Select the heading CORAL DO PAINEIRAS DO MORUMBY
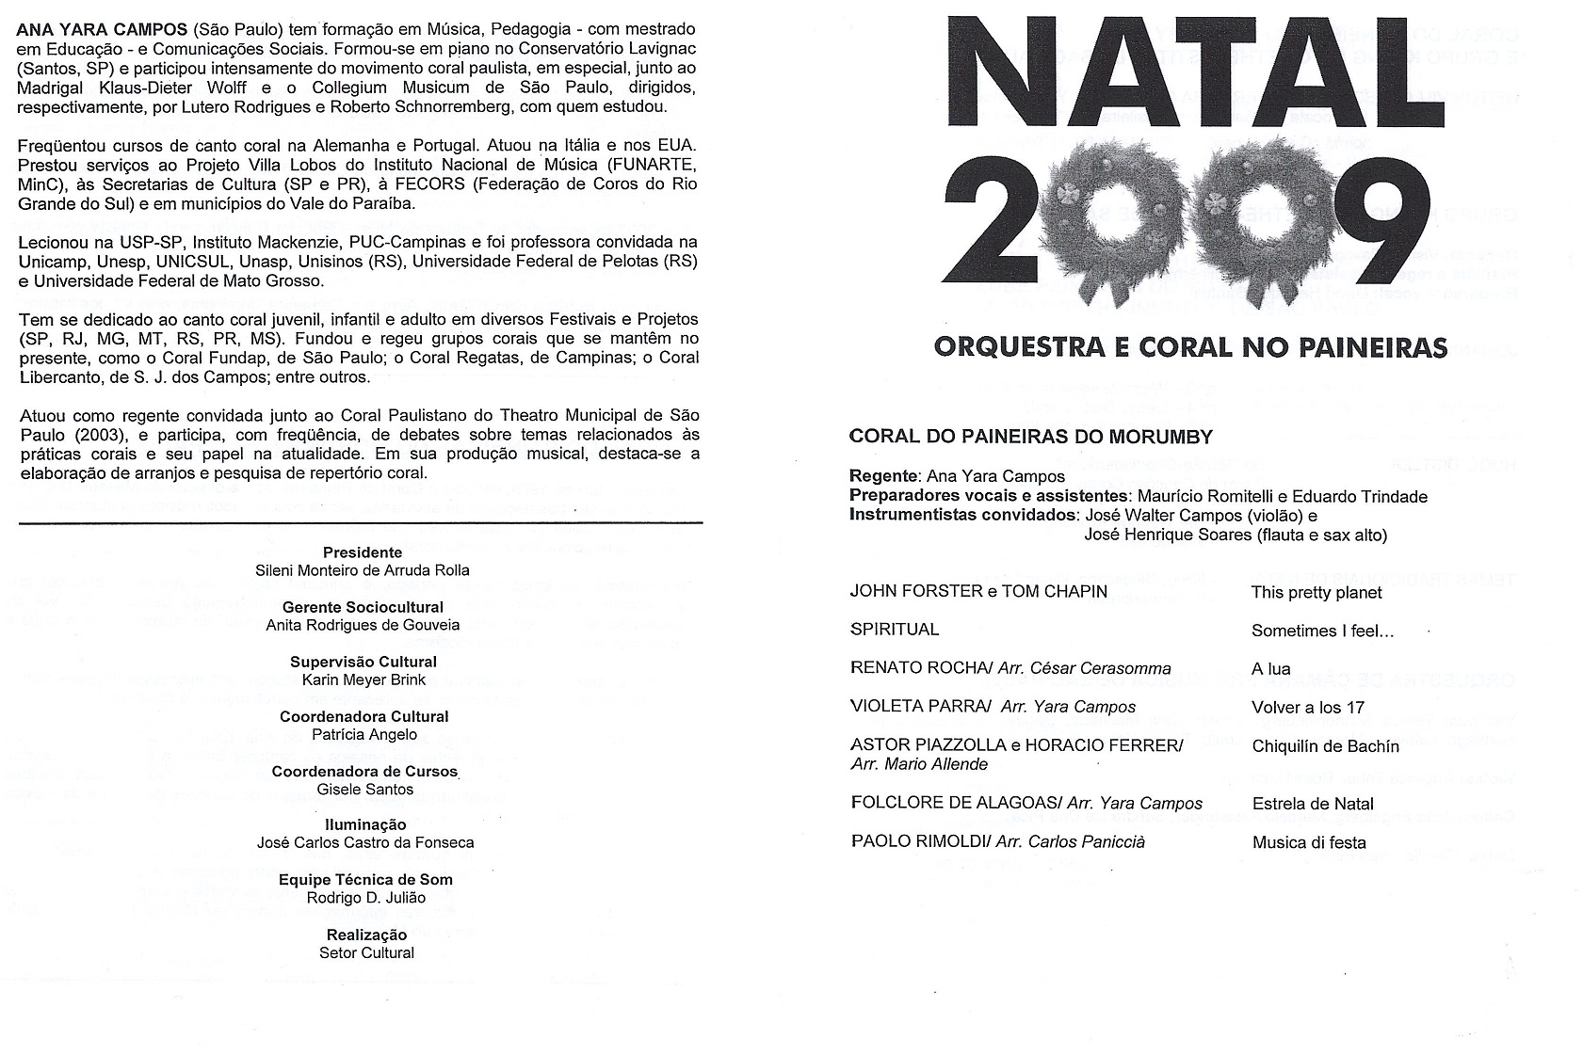[1030, 437]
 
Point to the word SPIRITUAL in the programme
[894, 630]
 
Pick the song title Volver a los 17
[1307, 708]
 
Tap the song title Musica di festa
[1308, 842]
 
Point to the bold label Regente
[883, 476]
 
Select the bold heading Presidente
[363, 552]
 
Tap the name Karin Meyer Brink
[363, 679]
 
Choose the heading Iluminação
[365, 824]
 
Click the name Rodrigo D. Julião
[365, 898]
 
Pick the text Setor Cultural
[366, 952]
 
